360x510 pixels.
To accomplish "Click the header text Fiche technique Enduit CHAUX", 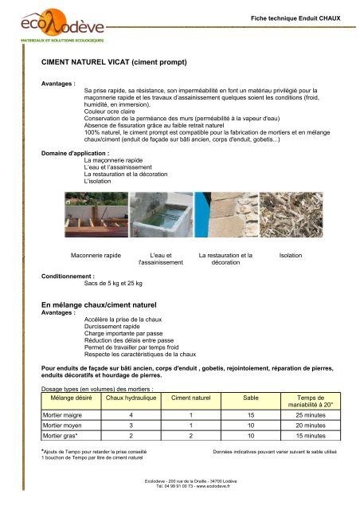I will (295, 17).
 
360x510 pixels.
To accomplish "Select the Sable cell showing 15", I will (249, 415).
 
